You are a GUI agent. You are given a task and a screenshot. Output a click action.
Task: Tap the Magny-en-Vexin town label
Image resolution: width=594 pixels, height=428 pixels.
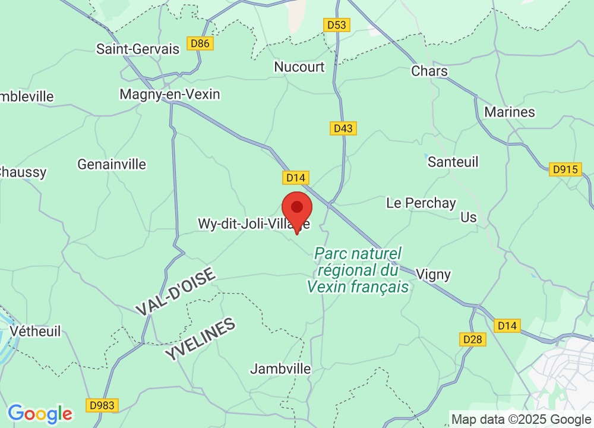[169, 95]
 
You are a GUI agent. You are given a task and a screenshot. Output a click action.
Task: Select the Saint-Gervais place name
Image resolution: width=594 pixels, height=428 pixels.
[138, 49]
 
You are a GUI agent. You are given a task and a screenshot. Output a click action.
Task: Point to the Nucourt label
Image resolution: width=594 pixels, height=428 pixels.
[299, 67]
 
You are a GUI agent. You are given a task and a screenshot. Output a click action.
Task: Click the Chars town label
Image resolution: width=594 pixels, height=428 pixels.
[429, 71]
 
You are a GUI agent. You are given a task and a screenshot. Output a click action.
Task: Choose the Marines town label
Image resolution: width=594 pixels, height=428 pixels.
[510, 112]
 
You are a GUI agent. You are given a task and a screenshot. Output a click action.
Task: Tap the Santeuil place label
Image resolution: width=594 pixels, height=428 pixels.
[453, 162]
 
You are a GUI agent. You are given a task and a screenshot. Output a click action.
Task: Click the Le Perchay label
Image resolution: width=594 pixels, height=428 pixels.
[421, 203]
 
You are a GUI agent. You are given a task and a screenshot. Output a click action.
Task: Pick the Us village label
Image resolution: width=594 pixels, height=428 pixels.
[469, 218]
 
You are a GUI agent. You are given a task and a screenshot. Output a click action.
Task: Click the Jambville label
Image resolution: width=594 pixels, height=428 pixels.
[280, 369]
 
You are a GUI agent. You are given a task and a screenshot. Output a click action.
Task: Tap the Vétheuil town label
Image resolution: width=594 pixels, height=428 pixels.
[36, 332]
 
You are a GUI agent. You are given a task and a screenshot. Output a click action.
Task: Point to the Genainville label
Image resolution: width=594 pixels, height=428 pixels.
[112, 165]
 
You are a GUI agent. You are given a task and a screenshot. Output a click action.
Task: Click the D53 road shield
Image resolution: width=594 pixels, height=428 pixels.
[337, 25]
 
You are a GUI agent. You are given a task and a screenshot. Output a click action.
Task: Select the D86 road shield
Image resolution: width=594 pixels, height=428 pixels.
[200, 43]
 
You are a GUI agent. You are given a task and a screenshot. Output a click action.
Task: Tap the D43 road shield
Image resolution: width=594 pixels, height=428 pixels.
[343, 128]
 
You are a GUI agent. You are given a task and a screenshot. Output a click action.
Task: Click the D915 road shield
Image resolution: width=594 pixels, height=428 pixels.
[565, 169]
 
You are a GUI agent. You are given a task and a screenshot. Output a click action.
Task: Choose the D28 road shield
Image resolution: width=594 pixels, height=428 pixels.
[473, 339]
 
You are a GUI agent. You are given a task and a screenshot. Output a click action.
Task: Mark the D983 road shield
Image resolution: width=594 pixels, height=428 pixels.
[102, 405]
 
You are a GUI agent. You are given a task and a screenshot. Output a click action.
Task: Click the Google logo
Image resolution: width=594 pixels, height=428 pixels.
[40, 414]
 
